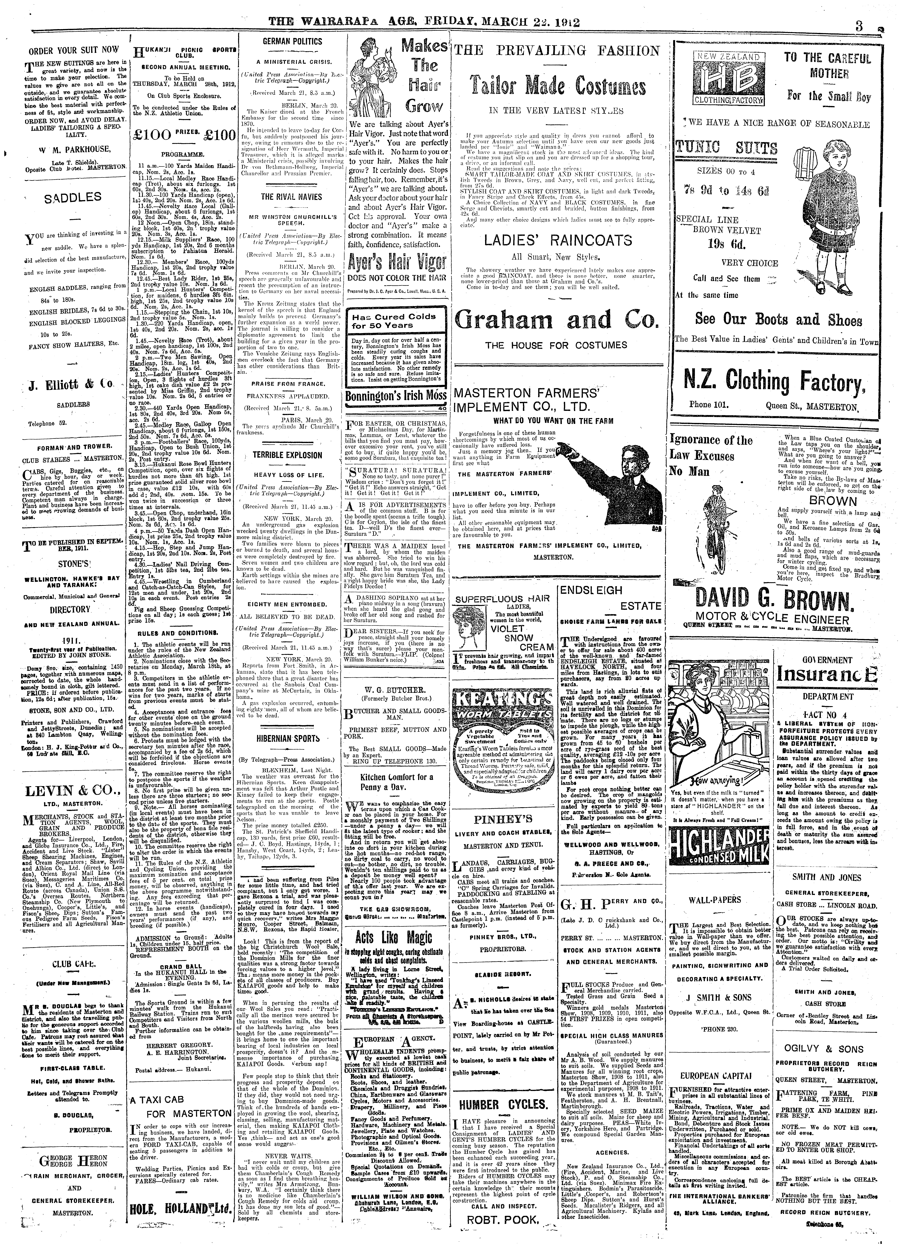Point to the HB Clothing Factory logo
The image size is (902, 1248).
coord(723,82)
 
